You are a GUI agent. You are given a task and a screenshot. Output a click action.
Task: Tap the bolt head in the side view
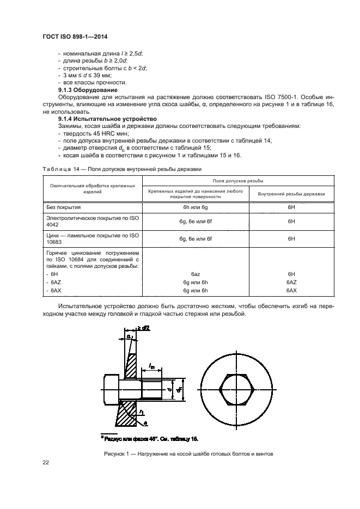[110, 389]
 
